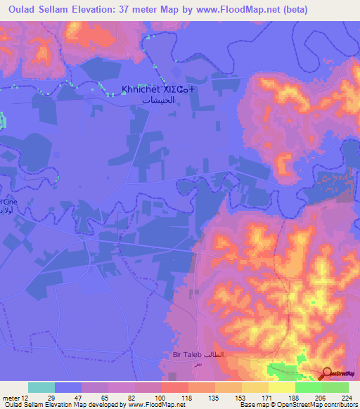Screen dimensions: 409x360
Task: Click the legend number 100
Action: tap(161, 396)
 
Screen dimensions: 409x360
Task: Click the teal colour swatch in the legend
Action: tap(41, 387)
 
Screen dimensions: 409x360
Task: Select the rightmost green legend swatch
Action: tap(335, 387)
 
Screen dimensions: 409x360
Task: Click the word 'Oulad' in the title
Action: tap(18, 10)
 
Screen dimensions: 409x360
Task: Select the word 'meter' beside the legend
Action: tap(11, 396)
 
